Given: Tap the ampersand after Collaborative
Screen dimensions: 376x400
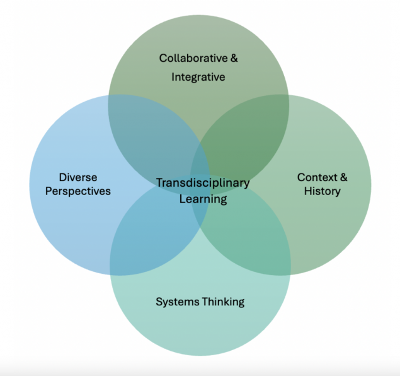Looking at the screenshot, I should [x=234, y=58].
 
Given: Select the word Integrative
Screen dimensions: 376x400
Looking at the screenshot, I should [x=198, y=77].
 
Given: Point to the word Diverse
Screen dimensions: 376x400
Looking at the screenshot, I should [x=78, y=177].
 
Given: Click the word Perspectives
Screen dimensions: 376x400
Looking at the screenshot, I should [x=78, y=191].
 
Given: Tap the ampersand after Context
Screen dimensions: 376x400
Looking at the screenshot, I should [x=343, y=177].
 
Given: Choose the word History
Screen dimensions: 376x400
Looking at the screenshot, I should [x=322, y=191].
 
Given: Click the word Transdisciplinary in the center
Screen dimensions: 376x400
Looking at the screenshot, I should [x=203, y=183].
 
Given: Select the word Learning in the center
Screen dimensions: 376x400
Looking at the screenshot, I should [x=203, y=199].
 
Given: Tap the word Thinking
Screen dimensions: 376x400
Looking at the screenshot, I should [x=223, y=302].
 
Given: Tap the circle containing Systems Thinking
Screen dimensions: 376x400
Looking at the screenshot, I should [x=200, y=328].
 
